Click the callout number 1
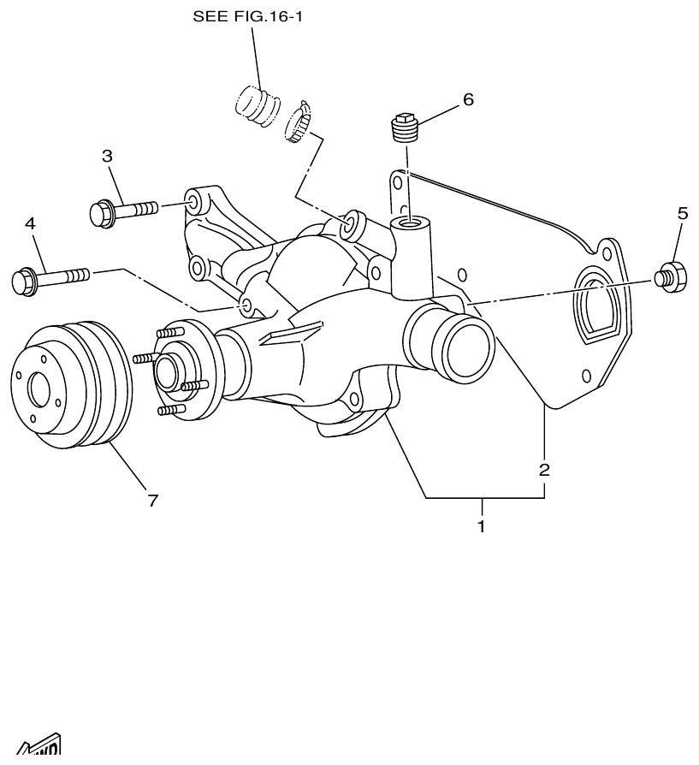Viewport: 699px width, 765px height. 481,526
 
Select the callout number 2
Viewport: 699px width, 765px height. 544,470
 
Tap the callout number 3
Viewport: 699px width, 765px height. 107,157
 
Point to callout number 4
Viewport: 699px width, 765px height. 30,224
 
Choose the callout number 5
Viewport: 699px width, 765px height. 682,214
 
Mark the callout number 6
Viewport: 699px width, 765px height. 467,99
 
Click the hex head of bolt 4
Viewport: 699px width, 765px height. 24,280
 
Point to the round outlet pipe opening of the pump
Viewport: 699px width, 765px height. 465,342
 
